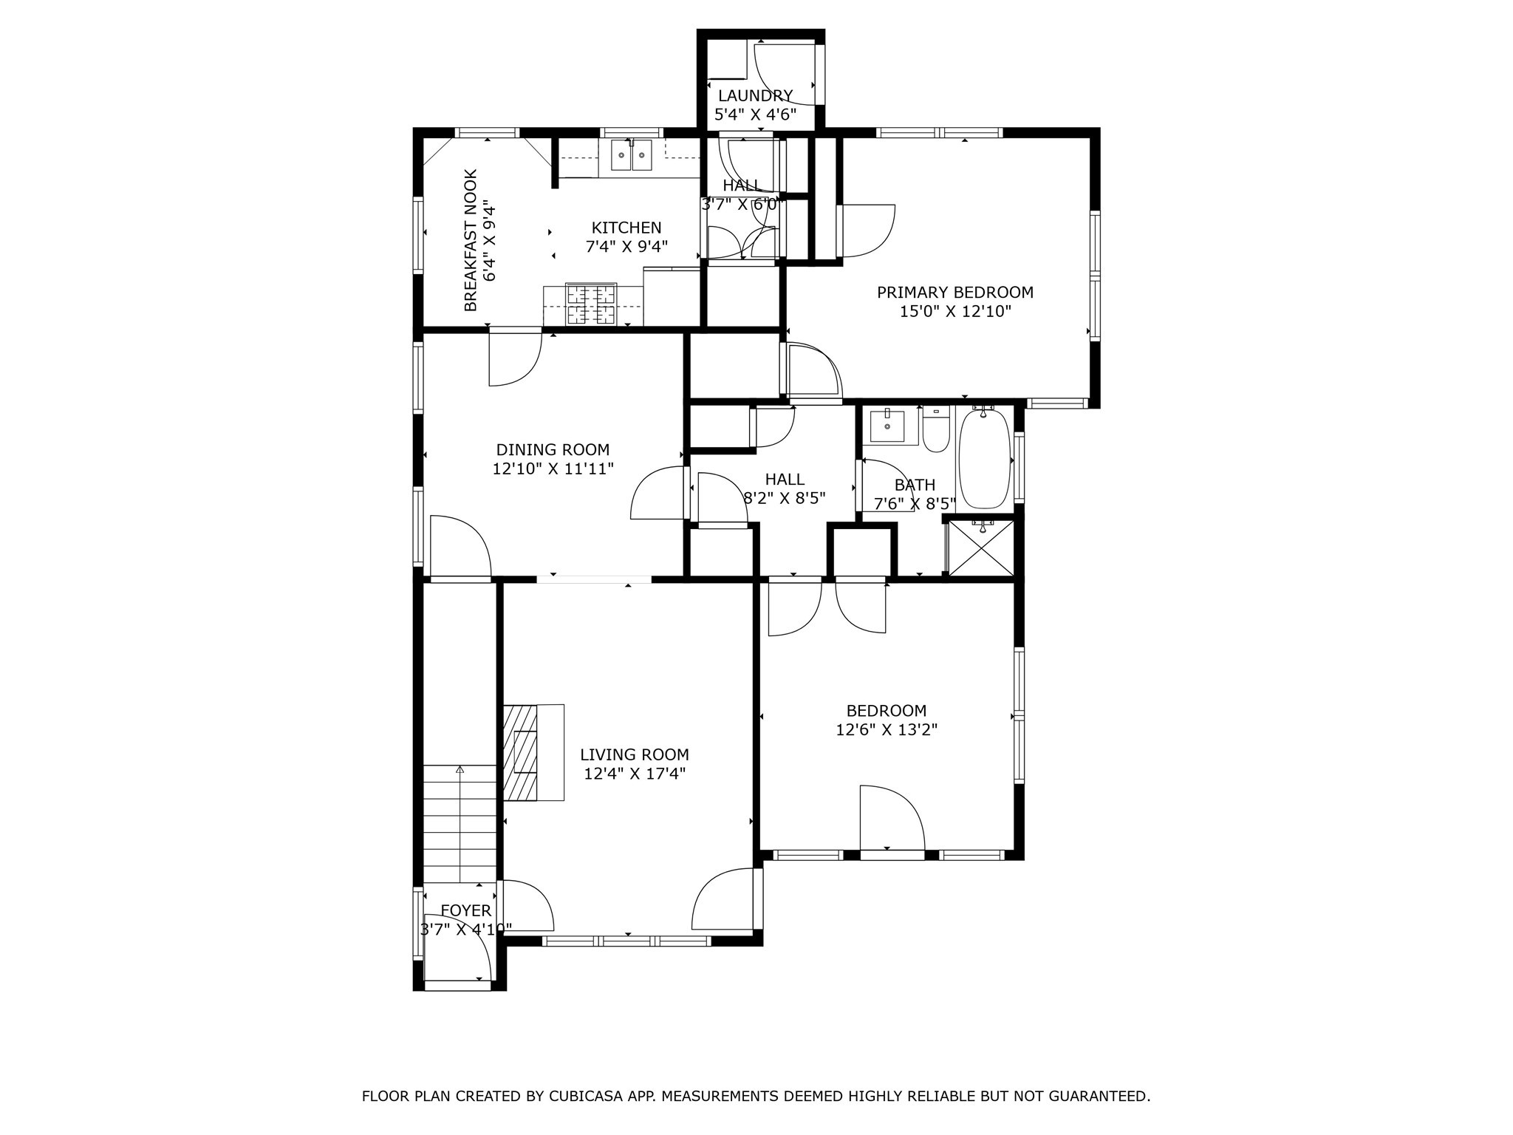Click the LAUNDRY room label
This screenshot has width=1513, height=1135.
pos(755,96)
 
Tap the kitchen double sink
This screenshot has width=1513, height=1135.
pos(632,156)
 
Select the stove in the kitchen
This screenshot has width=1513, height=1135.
pos(591,304)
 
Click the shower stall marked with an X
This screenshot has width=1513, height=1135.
pos(981,548)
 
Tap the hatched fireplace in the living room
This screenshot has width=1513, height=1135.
pos(521,752)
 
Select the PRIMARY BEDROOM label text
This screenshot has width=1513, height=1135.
pos(954,293)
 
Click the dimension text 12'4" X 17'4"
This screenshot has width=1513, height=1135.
pos(635,774)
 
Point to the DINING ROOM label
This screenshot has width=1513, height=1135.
pos(553,450)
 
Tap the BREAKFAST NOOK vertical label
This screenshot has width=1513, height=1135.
pos(471,240)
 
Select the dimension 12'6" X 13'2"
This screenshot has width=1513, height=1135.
pos(887,730)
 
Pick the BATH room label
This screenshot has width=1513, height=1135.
pos(915,485)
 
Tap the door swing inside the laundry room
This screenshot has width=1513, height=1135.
pos(783,74)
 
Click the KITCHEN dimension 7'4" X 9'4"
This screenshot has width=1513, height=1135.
pos(626,247)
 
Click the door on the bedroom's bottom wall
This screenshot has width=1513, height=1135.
pos(892,819)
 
